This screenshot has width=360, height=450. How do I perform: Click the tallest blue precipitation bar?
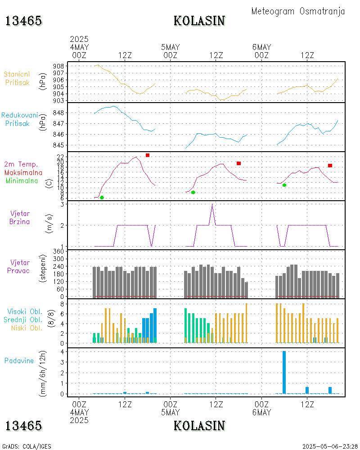(284, 372)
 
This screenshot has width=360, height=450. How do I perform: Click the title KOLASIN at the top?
(199, 21)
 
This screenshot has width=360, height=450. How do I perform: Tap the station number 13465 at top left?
(23, 21)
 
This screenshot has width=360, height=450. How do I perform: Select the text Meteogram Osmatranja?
(298, 11)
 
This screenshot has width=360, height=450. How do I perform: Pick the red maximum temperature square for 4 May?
(147, 155)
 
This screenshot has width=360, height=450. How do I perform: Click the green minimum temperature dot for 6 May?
(284, 185)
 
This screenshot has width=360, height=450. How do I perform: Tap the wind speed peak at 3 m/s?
(212, 205)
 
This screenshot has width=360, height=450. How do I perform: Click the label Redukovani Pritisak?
(19, 119)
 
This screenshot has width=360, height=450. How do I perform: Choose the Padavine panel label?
(19, 360)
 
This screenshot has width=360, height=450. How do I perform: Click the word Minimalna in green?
(22, 181)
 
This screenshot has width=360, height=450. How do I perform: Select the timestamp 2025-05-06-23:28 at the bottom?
(329, 446)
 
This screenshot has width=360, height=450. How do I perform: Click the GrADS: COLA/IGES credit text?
(27, 446)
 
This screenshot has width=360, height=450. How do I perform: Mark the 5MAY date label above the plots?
(170, 47)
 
